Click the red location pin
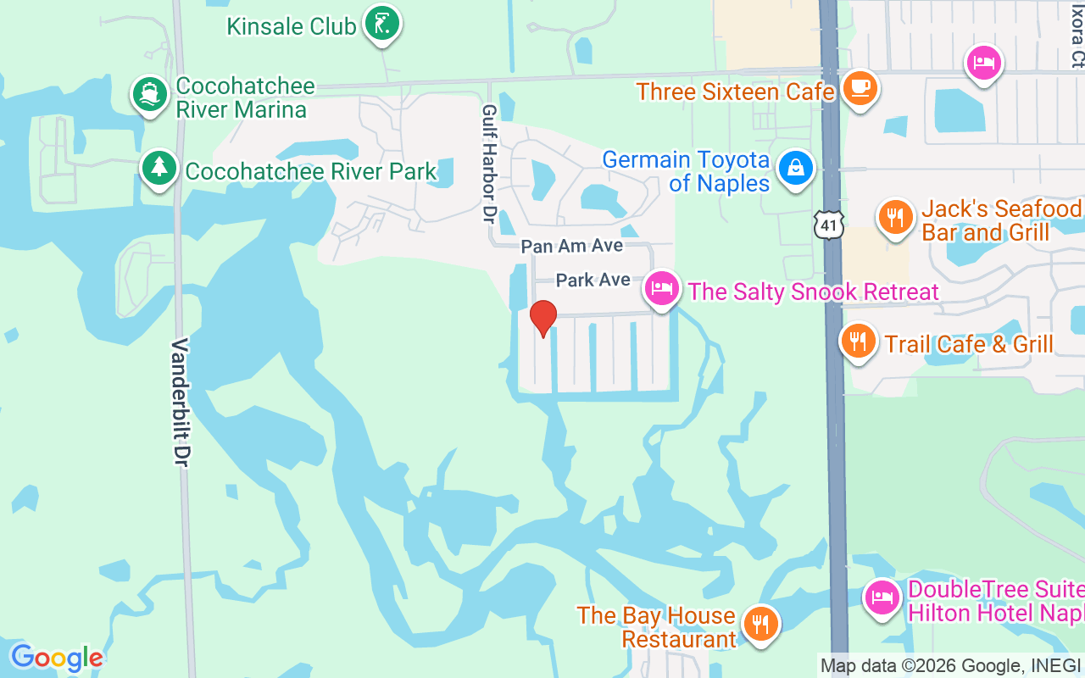(542, 318)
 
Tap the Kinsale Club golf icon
(381, 24)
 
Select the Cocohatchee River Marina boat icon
(150, 95)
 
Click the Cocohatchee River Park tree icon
(159, 168)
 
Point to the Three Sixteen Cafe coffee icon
(860, 88)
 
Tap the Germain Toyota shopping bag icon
(796, 168)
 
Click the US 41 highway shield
(828, 225)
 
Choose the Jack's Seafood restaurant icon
(895, 217)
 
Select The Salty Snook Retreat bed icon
(662, 289)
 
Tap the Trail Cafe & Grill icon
(858, 342)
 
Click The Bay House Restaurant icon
(759, 625)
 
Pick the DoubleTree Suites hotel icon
(882, 597)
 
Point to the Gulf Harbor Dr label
(488, 164)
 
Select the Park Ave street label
(593, 280)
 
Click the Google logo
(57, 658)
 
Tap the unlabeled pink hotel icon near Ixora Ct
(984, 62)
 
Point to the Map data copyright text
(950, 665)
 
